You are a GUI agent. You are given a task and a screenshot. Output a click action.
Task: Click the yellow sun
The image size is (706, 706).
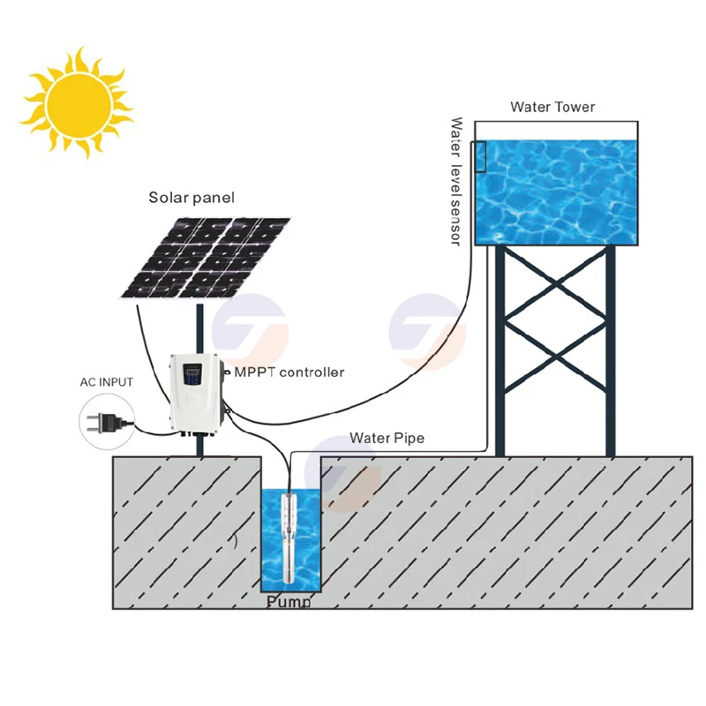pyautogui.click(x=77, y=102)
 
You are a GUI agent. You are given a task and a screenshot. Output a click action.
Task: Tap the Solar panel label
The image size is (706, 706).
pyautogui.click(x=192, y=199)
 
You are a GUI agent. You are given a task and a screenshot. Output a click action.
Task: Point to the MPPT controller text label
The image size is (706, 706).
pyautogui.click(x=289, y=372)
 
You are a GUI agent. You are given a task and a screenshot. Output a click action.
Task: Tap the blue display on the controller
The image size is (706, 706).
pyautogui.click(x=196, y=378)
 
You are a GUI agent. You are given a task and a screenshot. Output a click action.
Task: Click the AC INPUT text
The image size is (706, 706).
pyautogui.click(x=104, y=382)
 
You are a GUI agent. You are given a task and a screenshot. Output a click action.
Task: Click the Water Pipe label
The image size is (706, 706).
pyautogui.click(x=387, y=438)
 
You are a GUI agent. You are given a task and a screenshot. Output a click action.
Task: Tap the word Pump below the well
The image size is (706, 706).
pyautogui.click(x=289, y=603)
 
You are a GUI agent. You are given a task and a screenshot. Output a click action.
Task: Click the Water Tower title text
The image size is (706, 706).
pyautogui.click(x=552, y=108)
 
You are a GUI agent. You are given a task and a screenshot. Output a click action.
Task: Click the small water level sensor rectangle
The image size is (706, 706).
pyautogui.click(x=480, y=156)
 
